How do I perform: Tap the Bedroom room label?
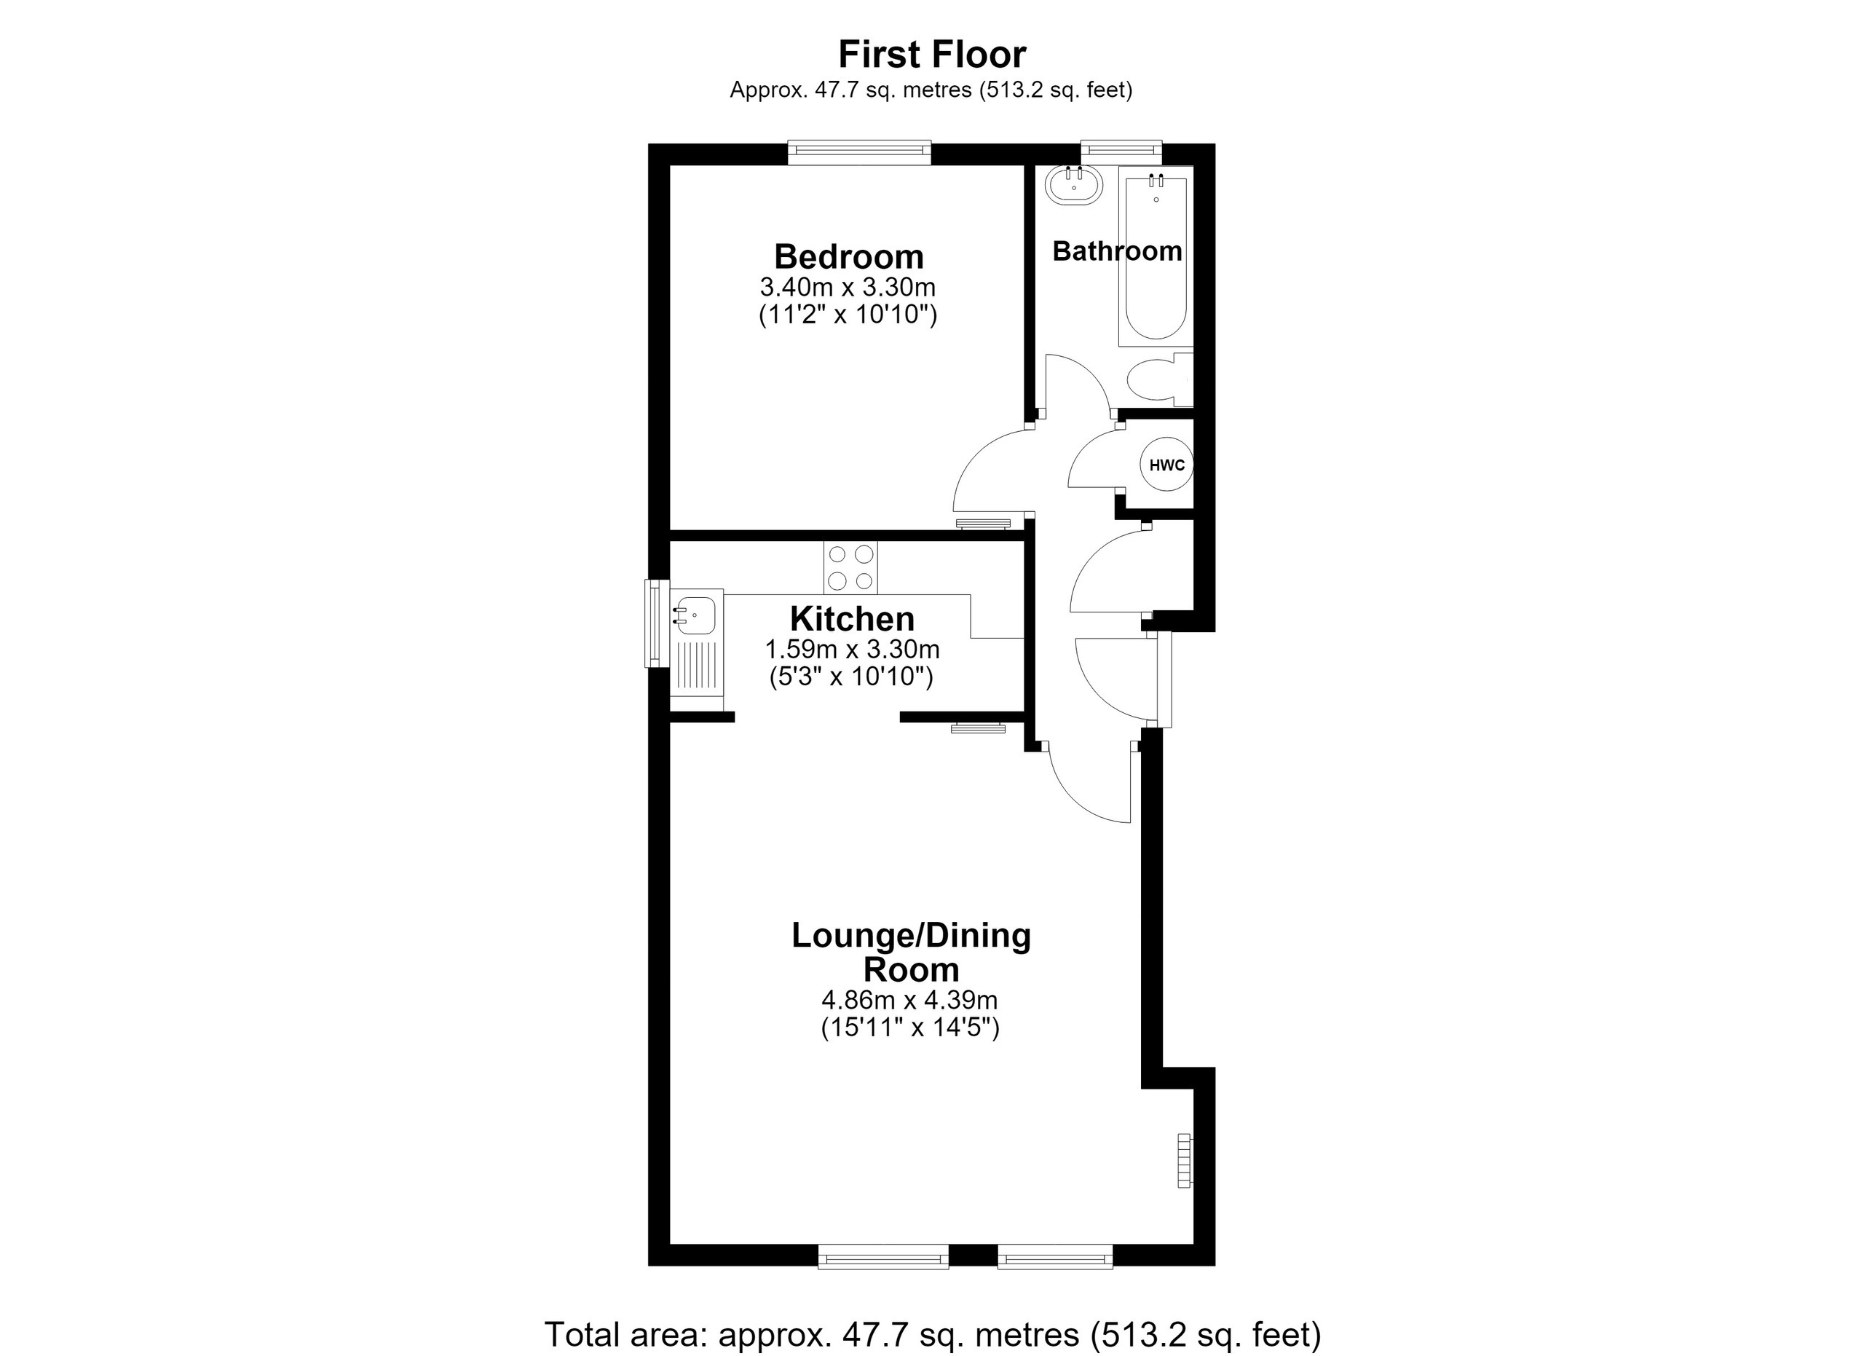point(848,257)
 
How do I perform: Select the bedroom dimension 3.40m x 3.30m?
point(848,288)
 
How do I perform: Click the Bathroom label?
point(1117,251)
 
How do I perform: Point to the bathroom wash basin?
point(1073,185)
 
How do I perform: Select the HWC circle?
point(1167,465)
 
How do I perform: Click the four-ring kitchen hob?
point(850,567)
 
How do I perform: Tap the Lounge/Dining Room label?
point(912,953)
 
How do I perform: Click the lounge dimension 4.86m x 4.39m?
point(910,1000)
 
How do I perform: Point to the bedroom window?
point(859,152)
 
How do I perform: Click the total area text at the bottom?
point(932,1335)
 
